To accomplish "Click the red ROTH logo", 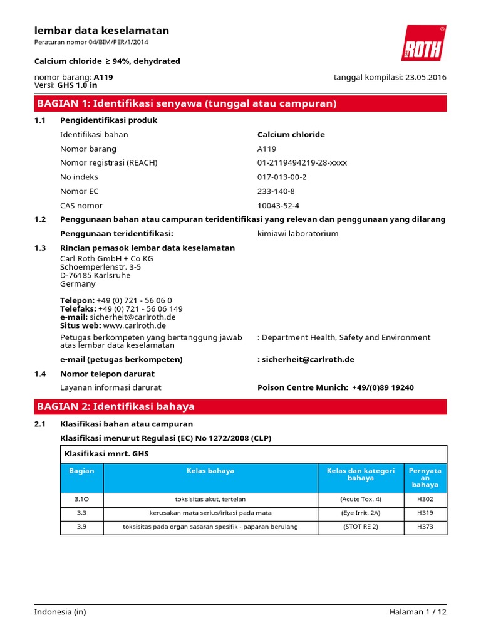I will click(423, 43).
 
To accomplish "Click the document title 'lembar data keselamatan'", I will click(101, 31).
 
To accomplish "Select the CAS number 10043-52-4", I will click(279, 206).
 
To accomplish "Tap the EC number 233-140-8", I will click(276, 191).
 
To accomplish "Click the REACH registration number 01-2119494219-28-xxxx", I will click(302, 162).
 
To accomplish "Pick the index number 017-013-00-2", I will click(282, 177).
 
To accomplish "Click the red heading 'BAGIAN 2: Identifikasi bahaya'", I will click(116, 406).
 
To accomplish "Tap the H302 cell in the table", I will click(425, 499).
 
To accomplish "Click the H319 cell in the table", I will click(425, 513).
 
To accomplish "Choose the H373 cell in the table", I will click(425, 527).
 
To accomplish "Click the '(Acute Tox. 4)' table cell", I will click(360, 499).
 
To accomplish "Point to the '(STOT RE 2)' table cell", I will click(360, 527).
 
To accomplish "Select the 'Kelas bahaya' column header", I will click(210, 471).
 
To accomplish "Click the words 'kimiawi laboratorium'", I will click(298, 234).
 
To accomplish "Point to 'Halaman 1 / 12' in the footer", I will click(417, 612).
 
